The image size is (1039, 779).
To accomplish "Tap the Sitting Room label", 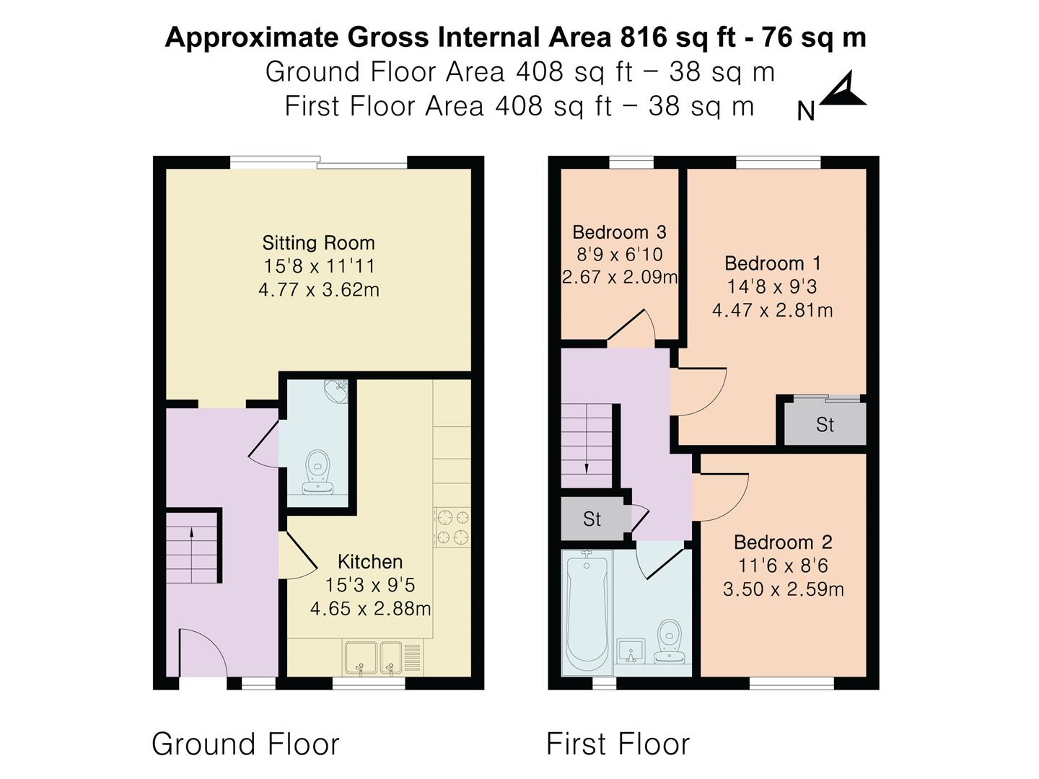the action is point(319,243).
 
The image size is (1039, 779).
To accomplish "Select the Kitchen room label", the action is point(370,562).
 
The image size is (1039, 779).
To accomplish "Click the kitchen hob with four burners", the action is point(452,527).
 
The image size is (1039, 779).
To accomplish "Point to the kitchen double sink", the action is point(373,657).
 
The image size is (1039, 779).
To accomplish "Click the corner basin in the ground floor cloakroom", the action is point(336,391).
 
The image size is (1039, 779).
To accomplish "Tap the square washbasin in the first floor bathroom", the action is point(631,651).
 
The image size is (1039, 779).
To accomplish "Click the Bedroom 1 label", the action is point(773,263).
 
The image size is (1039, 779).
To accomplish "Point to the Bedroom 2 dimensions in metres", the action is point(784,589).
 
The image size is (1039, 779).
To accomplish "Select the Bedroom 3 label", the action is point(619,232).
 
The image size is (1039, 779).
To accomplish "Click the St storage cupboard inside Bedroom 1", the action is point(825,424).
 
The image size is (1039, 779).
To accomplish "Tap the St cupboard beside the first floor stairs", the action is point(592,519).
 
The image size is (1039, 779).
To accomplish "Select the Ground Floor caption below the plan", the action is point(245,744).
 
